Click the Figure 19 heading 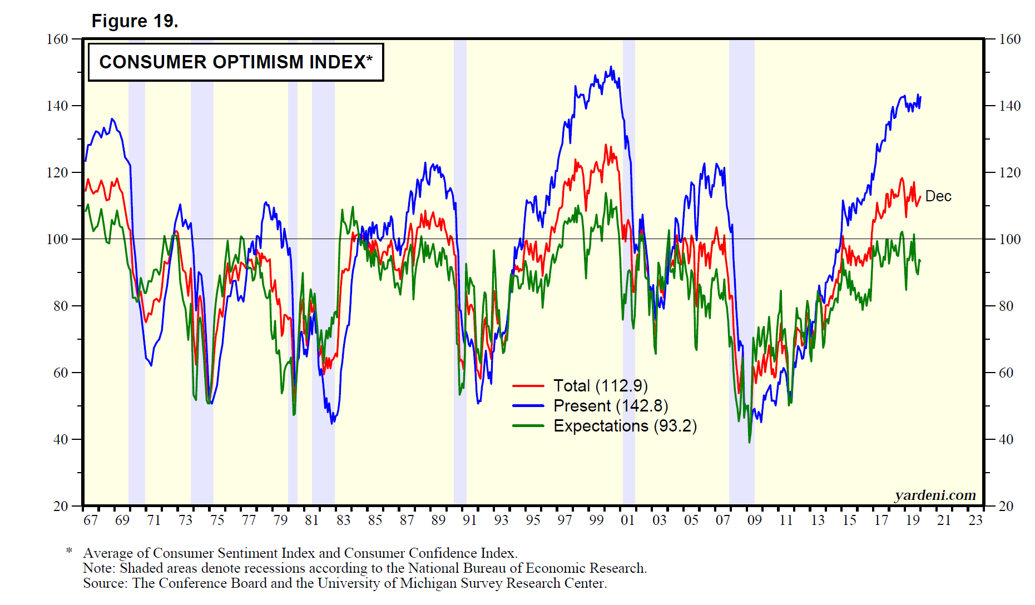[135, 21]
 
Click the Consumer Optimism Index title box [236, 62]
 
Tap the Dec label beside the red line [938, 196]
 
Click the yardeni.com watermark [935, 494]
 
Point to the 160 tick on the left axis [57, 39]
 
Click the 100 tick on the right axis [1009, 239]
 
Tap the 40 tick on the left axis [61, 439]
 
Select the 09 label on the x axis [754, 520]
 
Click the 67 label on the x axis [91, 520]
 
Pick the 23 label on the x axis [975, 520]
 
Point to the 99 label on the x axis [596, 520]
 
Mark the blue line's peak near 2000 [611, 67]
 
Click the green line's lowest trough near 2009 [749, 442]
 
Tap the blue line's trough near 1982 [332, 423]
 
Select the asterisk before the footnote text [69, 551]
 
